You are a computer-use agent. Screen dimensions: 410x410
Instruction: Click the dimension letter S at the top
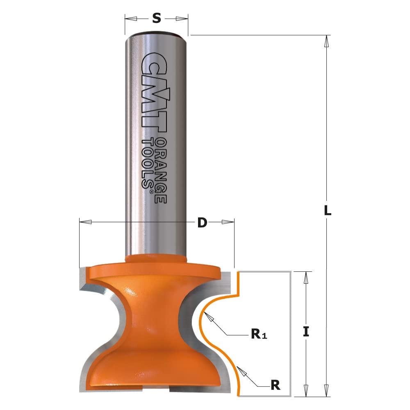[x=156, y=18]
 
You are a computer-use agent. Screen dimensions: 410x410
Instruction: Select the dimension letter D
[x=202, y=223]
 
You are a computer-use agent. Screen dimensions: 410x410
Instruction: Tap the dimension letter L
[x=327, y=211]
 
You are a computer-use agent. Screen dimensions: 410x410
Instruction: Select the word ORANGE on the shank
[x=162, y=170]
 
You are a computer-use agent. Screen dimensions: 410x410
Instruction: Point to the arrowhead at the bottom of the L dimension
[x=326, y=391]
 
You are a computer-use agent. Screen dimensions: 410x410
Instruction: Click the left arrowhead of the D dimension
[x=85, y=222]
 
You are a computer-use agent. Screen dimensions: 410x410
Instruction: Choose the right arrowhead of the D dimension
[x=228, y=222]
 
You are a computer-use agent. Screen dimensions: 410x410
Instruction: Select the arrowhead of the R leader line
[x=241, y=371]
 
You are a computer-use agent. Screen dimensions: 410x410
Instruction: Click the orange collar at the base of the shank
[x=156, y=258]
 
